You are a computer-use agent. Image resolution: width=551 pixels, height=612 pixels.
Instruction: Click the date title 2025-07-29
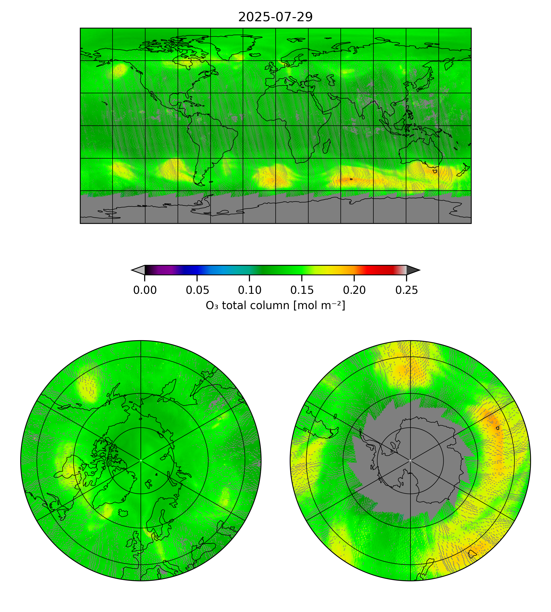(275, 17)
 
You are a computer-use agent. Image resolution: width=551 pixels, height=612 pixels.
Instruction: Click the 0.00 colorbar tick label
(145, 290)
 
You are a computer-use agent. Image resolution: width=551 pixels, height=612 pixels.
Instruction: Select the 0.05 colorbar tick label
(197, 290)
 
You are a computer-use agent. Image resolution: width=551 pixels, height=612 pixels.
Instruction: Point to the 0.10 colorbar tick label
(249, 290)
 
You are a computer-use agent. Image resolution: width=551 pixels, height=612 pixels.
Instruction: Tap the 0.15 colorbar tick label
(302, 290)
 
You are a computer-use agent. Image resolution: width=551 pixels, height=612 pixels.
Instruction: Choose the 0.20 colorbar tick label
(354, 290)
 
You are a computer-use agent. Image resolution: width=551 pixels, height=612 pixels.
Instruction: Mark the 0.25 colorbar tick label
(407, 290)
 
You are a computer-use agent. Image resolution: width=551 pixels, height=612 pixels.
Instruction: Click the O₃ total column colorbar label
(275, 305)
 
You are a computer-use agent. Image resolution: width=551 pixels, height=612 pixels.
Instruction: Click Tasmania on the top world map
(435, 171)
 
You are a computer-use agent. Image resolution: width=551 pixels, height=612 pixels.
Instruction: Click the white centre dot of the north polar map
(141, 460)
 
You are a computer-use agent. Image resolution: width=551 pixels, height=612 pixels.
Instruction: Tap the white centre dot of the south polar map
(410, 460)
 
